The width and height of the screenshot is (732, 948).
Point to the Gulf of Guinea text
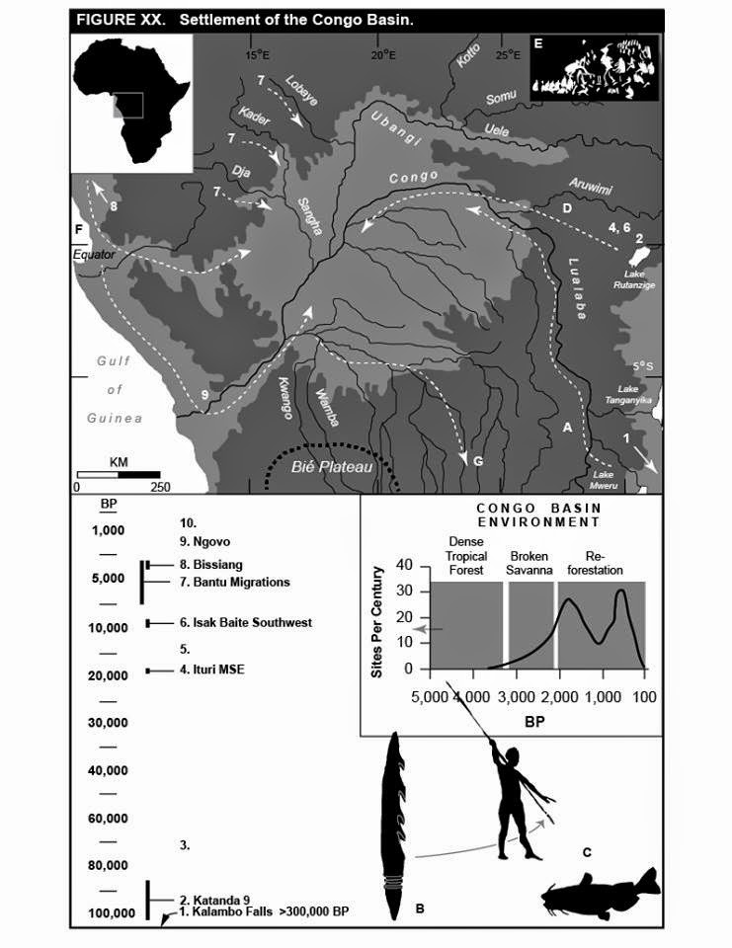(115, 389)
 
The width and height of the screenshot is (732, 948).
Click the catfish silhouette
(599, 893)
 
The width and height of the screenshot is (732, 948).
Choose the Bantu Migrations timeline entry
(234, 582)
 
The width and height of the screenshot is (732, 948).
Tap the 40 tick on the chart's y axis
(402, 565)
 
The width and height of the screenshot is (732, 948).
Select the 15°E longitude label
(259, 55)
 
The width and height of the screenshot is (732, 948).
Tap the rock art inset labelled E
(594, 69)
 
